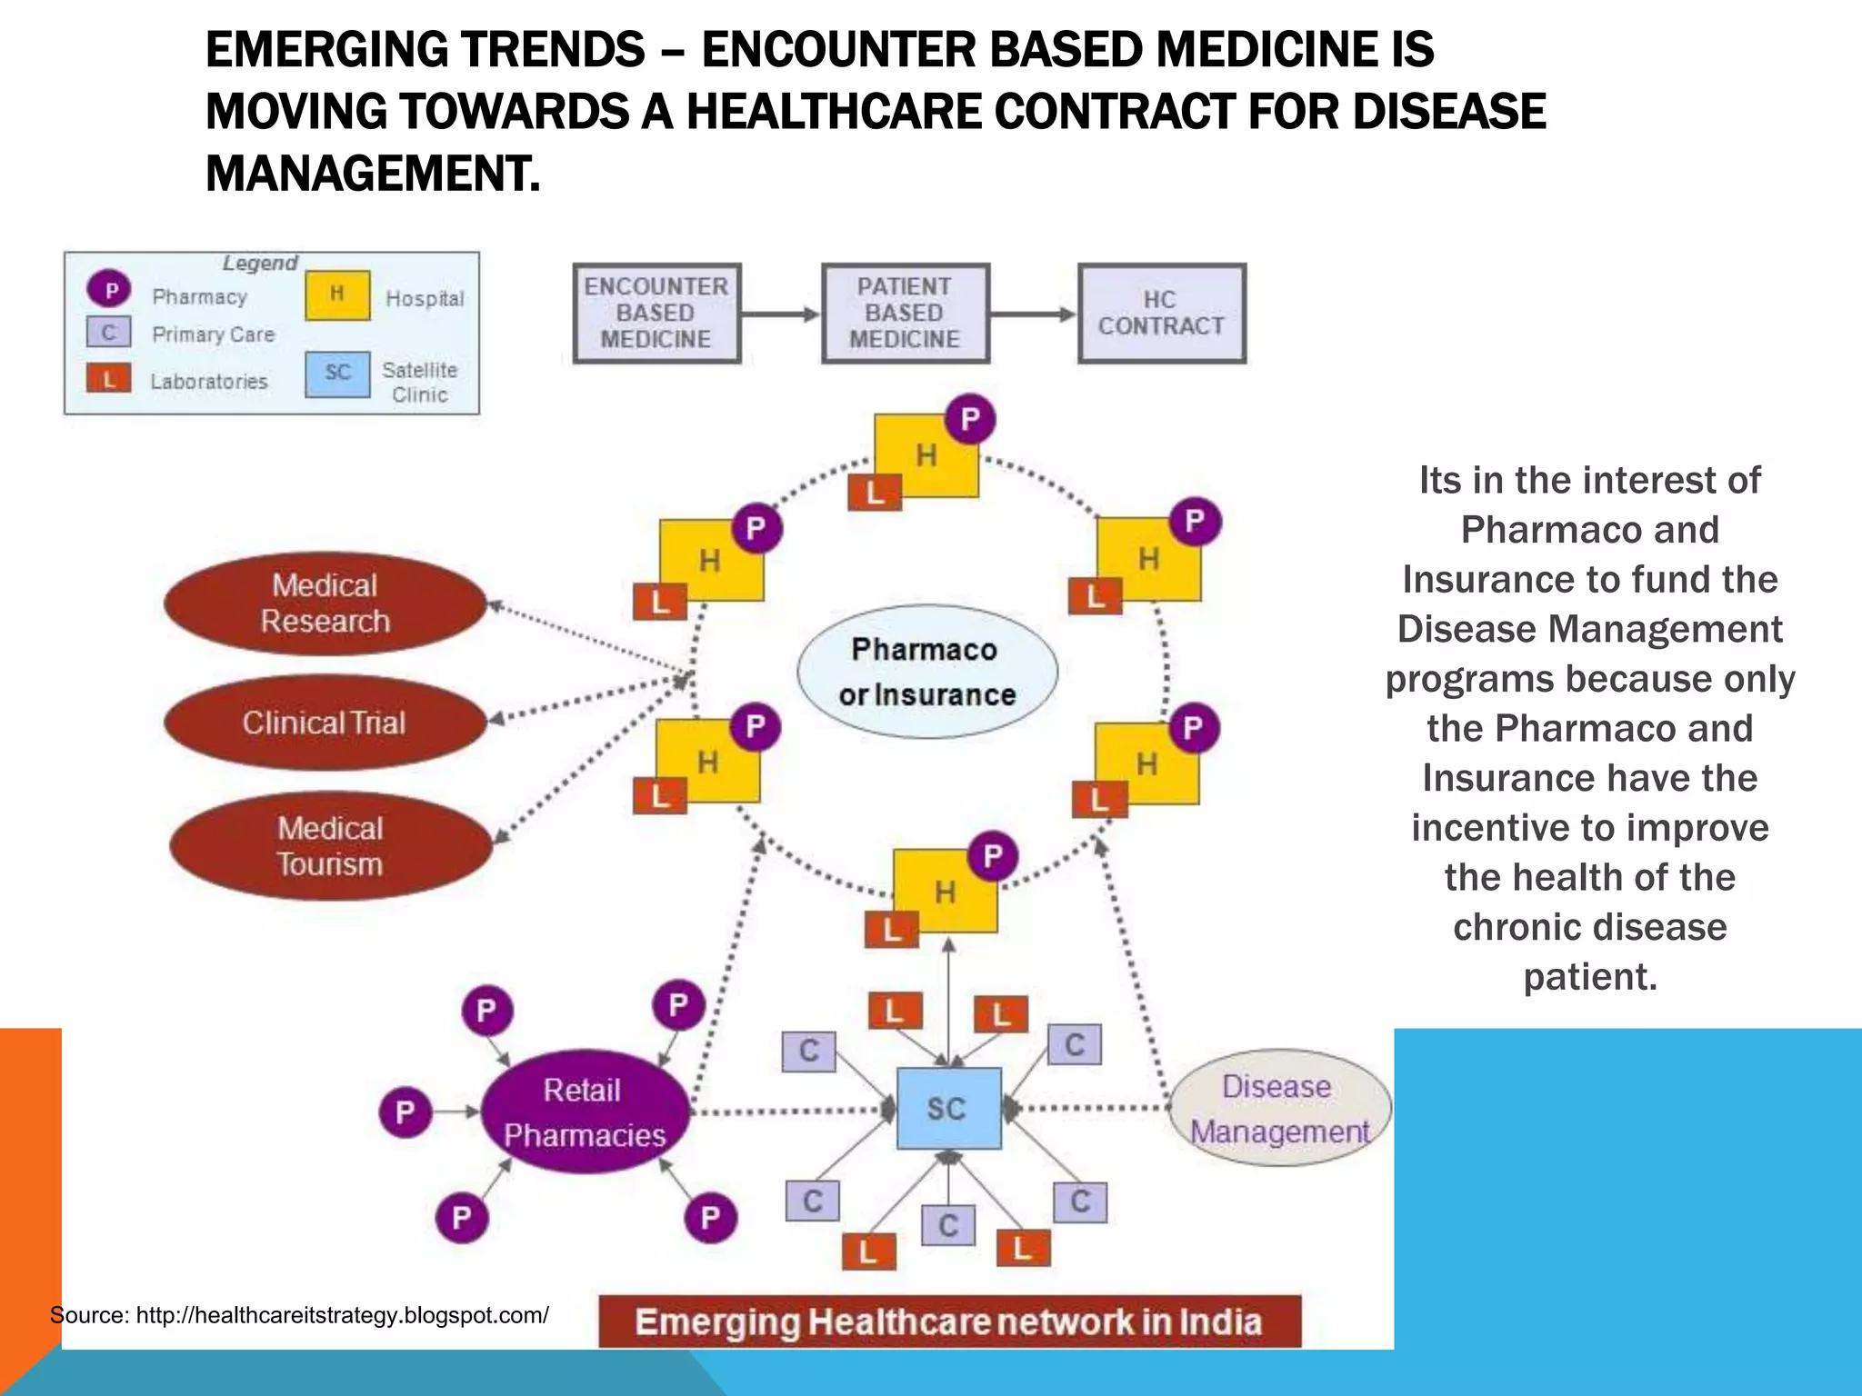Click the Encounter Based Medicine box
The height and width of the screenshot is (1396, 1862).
point(656,314)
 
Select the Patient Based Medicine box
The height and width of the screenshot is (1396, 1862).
point(905,314)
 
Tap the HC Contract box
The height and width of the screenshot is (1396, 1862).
point(1161,314)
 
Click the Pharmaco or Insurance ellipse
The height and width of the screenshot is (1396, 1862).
point(926,672)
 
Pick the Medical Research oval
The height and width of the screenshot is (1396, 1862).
point(325,603)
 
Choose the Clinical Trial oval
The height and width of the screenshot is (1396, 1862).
point(325,723)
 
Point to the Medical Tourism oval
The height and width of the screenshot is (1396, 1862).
point(330,846)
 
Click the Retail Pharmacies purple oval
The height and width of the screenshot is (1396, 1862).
point(585,1112)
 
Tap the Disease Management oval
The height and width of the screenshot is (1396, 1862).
point(1279,1108)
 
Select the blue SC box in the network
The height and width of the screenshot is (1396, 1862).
point(948,1108)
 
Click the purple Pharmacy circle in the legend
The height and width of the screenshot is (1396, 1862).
point(110,291)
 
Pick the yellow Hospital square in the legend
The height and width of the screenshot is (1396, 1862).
point(337,295)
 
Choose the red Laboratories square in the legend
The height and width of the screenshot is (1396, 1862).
point(109,378)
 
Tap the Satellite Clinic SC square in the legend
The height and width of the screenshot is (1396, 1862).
point(337,374)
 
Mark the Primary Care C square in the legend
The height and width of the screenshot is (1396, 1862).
point(109,333)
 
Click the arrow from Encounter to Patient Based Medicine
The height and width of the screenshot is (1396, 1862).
point(781,314)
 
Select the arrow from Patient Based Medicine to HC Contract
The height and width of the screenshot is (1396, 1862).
point(1033,314)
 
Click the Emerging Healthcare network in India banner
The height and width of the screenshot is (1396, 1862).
point(949,1321)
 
